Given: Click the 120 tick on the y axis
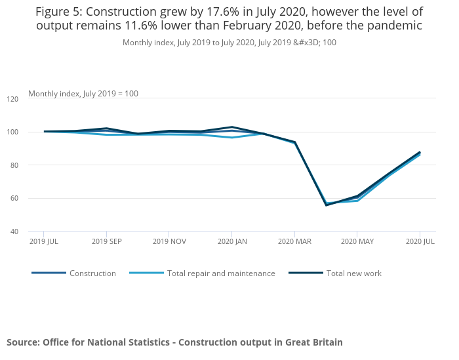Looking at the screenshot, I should coord(12,99).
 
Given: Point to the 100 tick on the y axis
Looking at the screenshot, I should coord(12,132).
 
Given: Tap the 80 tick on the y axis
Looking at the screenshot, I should coord(14,165).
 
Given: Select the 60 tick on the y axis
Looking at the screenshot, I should coord(14,198).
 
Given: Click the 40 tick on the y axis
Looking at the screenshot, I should coord(14,231).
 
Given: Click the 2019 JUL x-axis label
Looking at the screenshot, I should coord(44,242).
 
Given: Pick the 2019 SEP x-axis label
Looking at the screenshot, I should coord(106,242).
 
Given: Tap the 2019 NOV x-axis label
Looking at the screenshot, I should coord(169,242).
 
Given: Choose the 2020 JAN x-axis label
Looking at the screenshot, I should coord(231,242).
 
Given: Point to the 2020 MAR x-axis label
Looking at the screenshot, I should coord(294,242).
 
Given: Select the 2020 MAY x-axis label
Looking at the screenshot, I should coord(357,242).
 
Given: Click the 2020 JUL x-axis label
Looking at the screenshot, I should coord(420,242).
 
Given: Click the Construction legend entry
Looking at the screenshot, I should coord(92,273).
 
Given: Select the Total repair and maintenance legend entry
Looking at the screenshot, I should coord(221,273).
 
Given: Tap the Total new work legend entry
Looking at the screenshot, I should coord(353,273).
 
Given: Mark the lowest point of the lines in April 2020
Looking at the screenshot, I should coord(326,205).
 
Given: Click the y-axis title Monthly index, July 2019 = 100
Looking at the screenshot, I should coord(83,94).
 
